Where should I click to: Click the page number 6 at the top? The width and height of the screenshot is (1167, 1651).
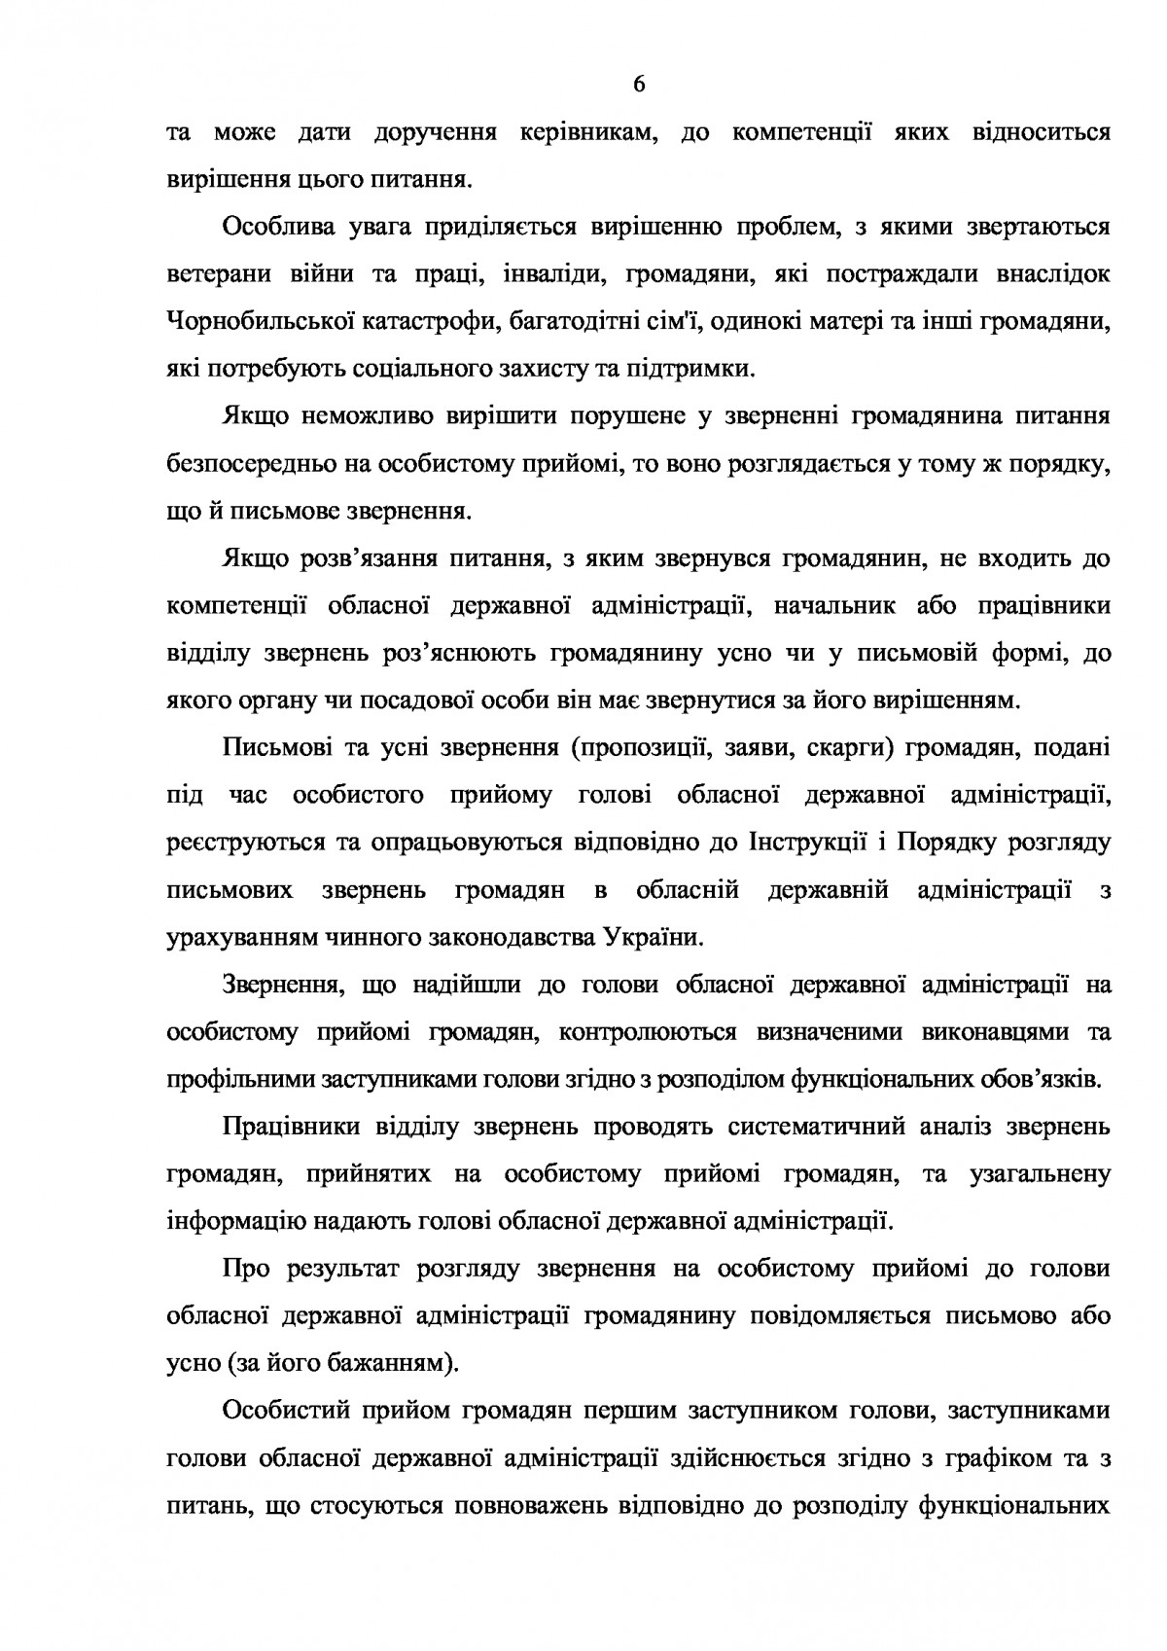[x=639, y=86]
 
